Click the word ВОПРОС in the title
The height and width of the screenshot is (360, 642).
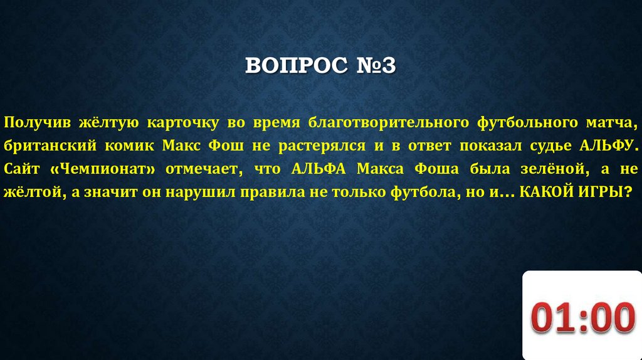pyautogui.click(x=291, y=66)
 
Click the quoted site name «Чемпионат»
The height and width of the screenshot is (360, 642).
pyautogui.click(x=103, y=169)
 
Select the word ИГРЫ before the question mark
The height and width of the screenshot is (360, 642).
pyautogui.click(x=601, y=193)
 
